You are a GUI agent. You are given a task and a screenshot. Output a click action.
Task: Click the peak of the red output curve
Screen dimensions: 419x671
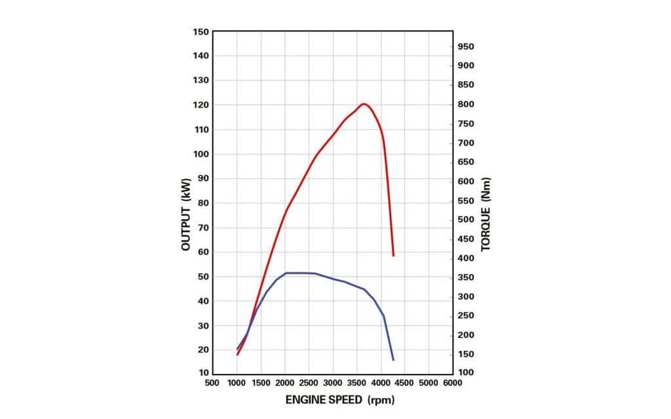(364, 103)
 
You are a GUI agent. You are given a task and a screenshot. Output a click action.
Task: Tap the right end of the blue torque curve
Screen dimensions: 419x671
(393, 360)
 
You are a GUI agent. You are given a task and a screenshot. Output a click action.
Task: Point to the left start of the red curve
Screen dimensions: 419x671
(237, 354)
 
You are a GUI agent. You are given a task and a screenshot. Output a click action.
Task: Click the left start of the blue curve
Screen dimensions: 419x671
(237, 348)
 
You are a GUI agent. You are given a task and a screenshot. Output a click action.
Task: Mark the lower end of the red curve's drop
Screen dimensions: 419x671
(393, 255)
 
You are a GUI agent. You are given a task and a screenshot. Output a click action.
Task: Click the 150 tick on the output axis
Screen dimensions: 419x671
(201, 31)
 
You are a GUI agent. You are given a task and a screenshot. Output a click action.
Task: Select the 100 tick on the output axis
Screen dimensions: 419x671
(201, 154)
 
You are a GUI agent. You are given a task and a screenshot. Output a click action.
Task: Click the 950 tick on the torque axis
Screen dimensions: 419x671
(466, 46)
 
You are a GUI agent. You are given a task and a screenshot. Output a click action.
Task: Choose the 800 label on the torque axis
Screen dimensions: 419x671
(466, 105)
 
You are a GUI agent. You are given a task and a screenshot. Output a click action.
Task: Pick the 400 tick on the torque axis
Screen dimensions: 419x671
(466, 259)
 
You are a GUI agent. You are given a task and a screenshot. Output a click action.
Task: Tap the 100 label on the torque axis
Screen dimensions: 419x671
(466, 373)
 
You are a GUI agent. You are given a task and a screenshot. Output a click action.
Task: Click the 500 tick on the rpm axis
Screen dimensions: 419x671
(212, 382)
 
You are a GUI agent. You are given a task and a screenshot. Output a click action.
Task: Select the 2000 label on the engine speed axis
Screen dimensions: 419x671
(284, 382)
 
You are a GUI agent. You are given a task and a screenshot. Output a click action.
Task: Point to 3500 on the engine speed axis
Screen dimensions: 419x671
(356, 382)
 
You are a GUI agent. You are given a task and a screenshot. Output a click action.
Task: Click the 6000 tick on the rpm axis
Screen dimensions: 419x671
(452, 382)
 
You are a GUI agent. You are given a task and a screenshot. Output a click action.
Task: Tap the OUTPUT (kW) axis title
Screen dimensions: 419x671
(186, 214)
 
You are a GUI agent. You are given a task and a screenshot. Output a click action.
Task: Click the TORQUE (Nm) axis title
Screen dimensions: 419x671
(486, 214)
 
